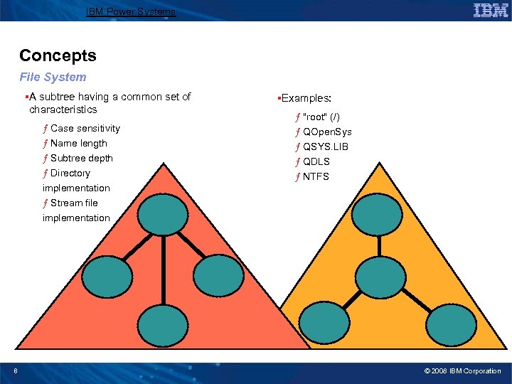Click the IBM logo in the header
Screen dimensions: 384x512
(x=490, y=10)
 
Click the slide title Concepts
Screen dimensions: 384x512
(x=58, y=55)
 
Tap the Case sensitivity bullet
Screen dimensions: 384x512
(x=85, y=128)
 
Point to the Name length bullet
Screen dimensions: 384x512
(x=78, y=143)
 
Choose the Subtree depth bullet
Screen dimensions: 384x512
(x=81, y=158)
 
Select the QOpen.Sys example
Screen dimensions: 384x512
(x=327, y=132)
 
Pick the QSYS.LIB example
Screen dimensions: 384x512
(x=325, y=146)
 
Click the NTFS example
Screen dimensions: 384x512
(x=316, y=176)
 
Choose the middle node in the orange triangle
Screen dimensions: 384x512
(x=380, y=277)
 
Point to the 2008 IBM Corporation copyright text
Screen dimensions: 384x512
(x=462, y=371)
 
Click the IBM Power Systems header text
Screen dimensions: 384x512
(x=130, y=11)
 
